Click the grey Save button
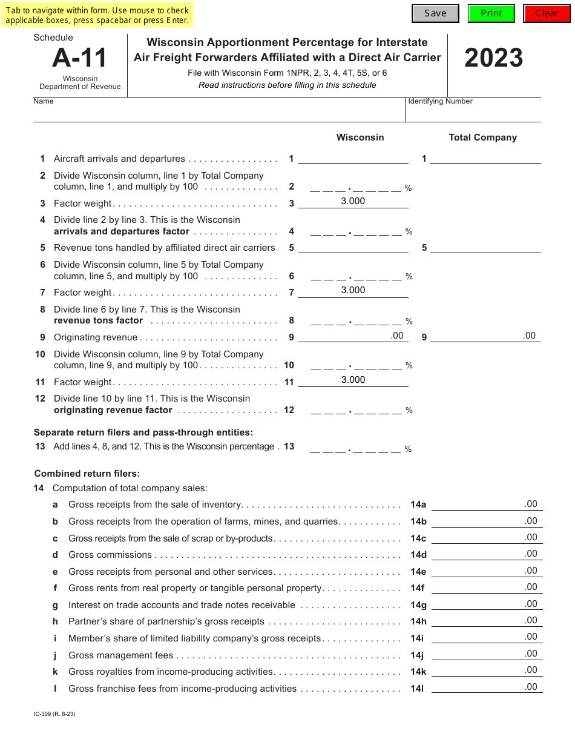(x=435, y=13)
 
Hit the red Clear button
(x=547, y=13)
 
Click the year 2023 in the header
(x=493, y=59)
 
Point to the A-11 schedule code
(x=79, y=58)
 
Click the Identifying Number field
(x=473, y=113)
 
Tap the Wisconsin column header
(x=360, y=137)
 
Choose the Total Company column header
(x=482, y=137)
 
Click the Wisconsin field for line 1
(x=353, y=158)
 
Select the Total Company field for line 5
(x=485, y=247)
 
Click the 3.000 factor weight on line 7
(x=353, y=290)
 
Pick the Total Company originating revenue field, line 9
(x=485, y=336)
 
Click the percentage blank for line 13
(x=356, y=448)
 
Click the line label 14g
(x=418, y=605)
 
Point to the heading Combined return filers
(x=87, y=474)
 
